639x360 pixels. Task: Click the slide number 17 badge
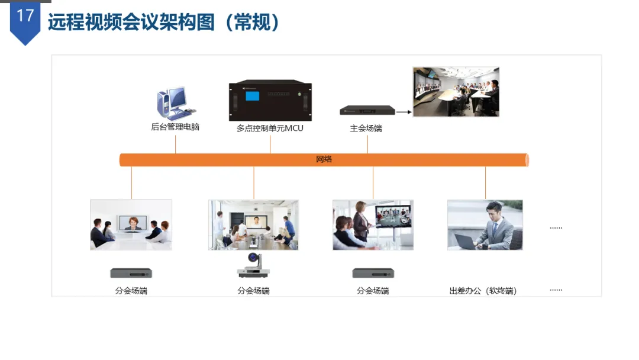(x=25, y=17)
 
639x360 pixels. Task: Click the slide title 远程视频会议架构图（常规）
(x=164, y=22)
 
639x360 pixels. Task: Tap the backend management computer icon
(x=173, y=103)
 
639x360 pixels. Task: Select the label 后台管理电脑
(x=175, y=127)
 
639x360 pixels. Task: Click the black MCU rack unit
(x=270, y=101)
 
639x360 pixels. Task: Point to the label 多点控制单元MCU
(x=270, y=128)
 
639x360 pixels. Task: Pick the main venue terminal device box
(x=367, y=111)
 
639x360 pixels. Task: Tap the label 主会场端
(x=366, y=128)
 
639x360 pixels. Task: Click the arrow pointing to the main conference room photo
(x=404, y=111)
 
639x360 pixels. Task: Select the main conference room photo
(x=456, y=92)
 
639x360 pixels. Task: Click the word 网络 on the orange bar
(x=324, y=160)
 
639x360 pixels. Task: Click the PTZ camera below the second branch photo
(x=254, y=266)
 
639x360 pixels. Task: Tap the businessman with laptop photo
(x=485, y=225)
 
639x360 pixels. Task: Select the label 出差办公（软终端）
(x=483, y=291)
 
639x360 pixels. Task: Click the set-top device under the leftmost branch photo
(x=131, y=273)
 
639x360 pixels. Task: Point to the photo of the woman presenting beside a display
(x=373, y=225)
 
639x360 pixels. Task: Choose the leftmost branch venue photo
(x=131, y=224)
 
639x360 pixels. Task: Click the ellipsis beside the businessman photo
(x=556, y=228)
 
